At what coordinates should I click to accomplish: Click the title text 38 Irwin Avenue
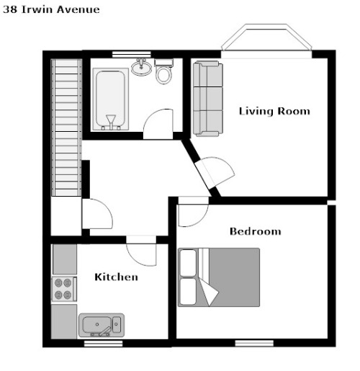[x=51, y=9]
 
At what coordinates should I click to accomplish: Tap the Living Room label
[x=274, y=111]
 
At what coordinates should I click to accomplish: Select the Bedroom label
[x=256, y=231]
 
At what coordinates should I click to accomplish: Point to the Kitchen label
[x=117, y=277]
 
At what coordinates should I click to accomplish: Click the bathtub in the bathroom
[x=111, y=99]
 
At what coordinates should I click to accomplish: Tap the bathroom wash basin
[x=141, y=67]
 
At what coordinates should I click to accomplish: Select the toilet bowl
[x=164, y=71]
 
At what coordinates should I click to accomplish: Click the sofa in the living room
[x=208, y=99]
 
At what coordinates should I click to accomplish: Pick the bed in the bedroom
[x=219, y=277]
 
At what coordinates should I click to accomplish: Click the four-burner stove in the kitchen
[x=64, y=289]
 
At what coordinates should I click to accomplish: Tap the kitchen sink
[x=102, y=325]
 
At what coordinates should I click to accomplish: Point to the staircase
[x=66, y=128]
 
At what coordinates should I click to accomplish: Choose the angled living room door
[x=215, y=171]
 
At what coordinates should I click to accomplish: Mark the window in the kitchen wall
[x=104, y=344]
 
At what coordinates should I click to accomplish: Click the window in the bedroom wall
[x=254, y=343]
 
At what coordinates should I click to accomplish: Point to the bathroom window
[x=132, y=54]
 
